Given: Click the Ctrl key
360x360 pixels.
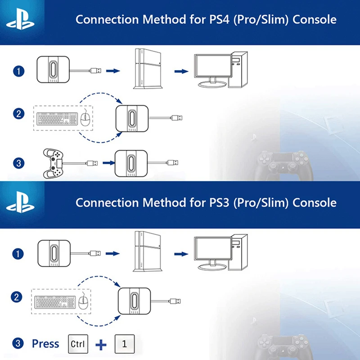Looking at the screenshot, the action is [78, 344].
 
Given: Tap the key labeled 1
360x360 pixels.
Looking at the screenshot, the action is [125, 344].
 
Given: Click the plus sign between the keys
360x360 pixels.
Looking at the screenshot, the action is [101, 344].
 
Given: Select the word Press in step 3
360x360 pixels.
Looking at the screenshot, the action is [45, 344].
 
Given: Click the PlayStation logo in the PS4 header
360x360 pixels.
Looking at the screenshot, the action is [20, 19].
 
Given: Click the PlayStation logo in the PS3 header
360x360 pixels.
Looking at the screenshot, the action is [20, 202].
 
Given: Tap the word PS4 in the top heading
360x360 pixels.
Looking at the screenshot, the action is [219, 19].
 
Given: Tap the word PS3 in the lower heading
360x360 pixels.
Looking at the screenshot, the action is [219, 203].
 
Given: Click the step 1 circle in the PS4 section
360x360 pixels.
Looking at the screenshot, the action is [18, 71].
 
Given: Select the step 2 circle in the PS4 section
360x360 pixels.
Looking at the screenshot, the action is [18, 114].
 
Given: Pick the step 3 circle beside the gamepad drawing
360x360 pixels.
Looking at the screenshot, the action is [18, 163].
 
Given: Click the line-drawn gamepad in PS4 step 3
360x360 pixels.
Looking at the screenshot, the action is [53, 163].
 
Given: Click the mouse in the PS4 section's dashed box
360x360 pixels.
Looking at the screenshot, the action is [85, 118].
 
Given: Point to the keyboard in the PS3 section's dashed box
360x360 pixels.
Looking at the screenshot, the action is [55, 302].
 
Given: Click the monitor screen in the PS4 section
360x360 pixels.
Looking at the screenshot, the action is [213, 66].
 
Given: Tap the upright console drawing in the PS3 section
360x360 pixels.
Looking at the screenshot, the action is [148, 252].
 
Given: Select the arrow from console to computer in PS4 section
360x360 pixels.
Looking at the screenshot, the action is [181, 72].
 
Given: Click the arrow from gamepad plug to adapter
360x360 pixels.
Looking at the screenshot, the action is [109, 163].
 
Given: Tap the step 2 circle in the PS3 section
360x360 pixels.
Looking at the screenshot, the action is [17, 297].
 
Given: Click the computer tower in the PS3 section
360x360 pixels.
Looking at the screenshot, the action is [239, 252].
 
